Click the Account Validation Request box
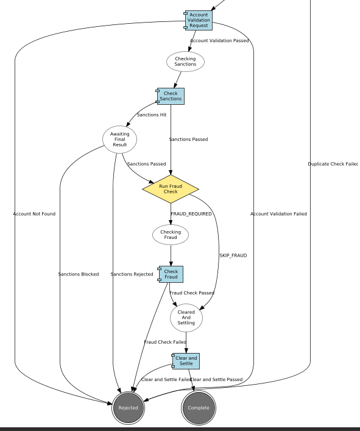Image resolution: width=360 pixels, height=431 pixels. click(x=199, y=20)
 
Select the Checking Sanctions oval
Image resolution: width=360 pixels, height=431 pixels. click(x=185, y=62)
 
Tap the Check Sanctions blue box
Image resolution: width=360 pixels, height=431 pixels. click(x=171, y=96)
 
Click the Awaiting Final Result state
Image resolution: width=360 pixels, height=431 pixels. click(x=119, y=139)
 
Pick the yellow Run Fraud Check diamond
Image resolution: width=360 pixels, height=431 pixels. click(x=171, y=188)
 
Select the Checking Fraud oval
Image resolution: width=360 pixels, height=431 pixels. click(x=171, y=235)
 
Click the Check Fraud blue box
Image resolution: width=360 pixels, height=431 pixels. click(x=171, y=274)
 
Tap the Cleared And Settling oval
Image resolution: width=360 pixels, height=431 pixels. click(x=186, y=318)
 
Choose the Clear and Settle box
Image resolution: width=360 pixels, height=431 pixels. click(x=186, y=361)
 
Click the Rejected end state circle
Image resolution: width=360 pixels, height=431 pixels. click(x=129, y=408)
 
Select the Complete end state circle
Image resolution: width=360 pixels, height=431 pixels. click(x=199, y=408)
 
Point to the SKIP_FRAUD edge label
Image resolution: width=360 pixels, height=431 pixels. click(x=233, y=255)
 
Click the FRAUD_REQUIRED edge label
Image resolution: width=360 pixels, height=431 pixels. click(x=191, y=214)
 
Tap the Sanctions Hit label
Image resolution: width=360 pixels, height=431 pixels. click(x=151, y=115)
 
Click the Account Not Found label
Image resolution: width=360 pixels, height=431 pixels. click(x=34, y=214)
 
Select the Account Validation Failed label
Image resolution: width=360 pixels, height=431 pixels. click(x=278, y=214)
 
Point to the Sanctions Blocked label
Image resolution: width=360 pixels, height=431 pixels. click(x=79, y=274)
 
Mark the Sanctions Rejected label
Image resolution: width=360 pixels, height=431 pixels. click(x=132, y=274)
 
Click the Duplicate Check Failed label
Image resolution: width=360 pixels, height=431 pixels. click(x=333, y=164)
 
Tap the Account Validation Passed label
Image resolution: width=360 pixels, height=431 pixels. click(x=219, y=41)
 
